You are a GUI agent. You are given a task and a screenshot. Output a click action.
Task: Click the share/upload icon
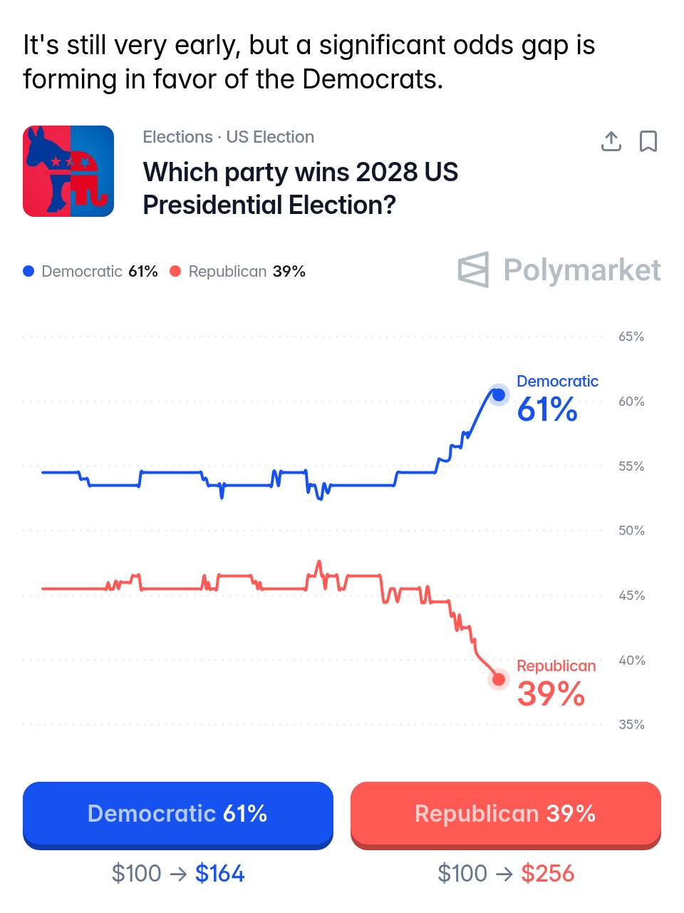click(x=611, y=141)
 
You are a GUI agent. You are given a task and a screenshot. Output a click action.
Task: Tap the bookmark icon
click(x=648, y=141)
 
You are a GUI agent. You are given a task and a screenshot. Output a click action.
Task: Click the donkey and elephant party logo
click(x=68, y=171)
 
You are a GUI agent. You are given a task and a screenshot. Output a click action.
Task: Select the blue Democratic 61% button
click(x=177, y=814)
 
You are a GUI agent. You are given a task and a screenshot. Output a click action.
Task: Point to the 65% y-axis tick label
click(x=631, y=337)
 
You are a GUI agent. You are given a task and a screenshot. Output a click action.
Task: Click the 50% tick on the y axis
click(x=631, y=531)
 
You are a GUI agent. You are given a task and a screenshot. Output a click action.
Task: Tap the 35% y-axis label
click(x=631, y=725)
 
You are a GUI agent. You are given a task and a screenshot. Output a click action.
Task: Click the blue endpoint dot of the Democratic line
click(x=499, y=394)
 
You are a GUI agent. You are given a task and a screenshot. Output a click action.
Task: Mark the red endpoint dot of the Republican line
click(x=499, y=680)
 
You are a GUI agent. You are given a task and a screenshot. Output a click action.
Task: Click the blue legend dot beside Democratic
click(x=28, y=271)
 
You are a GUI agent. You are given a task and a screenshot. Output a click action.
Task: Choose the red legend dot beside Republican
click(x=175, y=271)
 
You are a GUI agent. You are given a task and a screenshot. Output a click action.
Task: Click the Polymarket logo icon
click(x=474, y=270)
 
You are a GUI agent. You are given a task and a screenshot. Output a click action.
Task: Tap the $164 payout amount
click(x=219, y=873)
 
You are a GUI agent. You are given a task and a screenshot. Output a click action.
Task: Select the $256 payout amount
click(x=547, y=873)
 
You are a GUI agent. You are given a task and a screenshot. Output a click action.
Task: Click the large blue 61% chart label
click(x=546, y=409)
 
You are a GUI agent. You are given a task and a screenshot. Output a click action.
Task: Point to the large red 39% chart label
click(x=550, y=694)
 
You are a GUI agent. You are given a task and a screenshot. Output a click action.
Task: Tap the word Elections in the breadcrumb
click(x=177, y=137)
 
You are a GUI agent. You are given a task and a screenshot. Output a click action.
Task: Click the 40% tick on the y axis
click(x=631, y=660)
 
